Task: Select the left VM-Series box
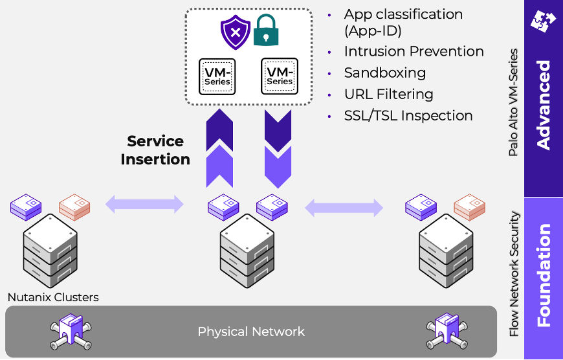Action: (x=217, y=76)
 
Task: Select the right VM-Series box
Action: (x=280, y=76)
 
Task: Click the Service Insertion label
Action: (x=155, y=150)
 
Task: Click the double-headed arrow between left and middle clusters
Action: (x=144, y=205)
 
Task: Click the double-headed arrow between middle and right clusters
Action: (x=344, y=208)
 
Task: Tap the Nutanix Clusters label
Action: (x=53, y=298)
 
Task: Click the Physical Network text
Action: (x=250, y=332)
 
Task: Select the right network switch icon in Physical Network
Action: (x=446, y=332)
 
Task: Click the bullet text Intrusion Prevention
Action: (x=414, y=52)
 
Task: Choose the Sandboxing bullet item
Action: (x=384, y=73)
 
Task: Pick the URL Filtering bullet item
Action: (x=388, y=95)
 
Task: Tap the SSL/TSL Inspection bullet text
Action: (x=408, y=116)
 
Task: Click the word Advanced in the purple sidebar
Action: (x=544, y=106)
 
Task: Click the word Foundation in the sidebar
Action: (x=544, y=275)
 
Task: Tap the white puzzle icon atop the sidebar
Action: (x=543, y=20)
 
